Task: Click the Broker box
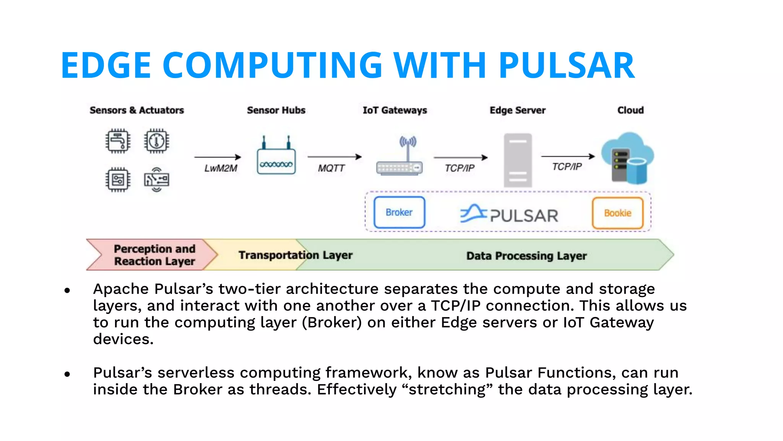pos(399,212)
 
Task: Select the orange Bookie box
pos(617,213)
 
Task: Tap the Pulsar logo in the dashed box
pos(509,214)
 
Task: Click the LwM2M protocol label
pos(221,168)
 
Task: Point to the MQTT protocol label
pos(331,168)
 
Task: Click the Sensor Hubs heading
pos(276,110)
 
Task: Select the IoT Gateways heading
pos(395,110)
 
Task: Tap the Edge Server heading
pos(517,110)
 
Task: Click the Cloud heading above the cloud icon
pos(630,110)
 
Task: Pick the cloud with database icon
pos(627,158)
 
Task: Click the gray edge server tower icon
pos(518,160)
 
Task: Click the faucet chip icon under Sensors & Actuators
pos(118,141)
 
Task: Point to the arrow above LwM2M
pos(217,157)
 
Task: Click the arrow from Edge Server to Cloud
pos(568,156)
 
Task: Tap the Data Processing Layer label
pos(526,256)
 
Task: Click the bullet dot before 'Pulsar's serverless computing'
pos(67,374)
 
